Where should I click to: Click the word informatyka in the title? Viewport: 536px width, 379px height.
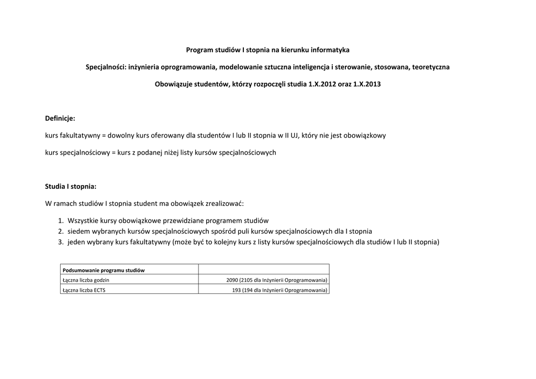[330, 50]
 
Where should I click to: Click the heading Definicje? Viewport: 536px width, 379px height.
[60, 119]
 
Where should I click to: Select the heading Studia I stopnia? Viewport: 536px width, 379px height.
[71, 186]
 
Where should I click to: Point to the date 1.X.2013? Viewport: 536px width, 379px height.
[367, 84]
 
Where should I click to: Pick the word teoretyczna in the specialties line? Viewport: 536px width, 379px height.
[431, 67]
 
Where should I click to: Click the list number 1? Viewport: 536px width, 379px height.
[61, 221]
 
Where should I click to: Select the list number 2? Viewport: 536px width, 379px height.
[61, 231]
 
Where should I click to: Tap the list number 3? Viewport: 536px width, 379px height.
[61, 242]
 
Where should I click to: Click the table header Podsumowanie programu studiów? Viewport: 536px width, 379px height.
[104, 270]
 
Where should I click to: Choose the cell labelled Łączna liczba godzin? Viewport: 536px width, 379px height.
[86, 280]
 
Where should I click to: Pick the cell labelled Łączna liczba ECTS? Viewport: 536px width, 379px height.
[84, 290]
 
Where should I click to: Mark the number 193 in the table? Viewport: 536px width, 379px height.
[236, 290]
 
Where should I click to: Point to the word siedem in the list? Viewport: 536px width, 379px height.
[78, 231]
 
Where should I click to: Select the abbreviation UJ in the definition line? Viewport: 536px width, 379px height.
[294, 135]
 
